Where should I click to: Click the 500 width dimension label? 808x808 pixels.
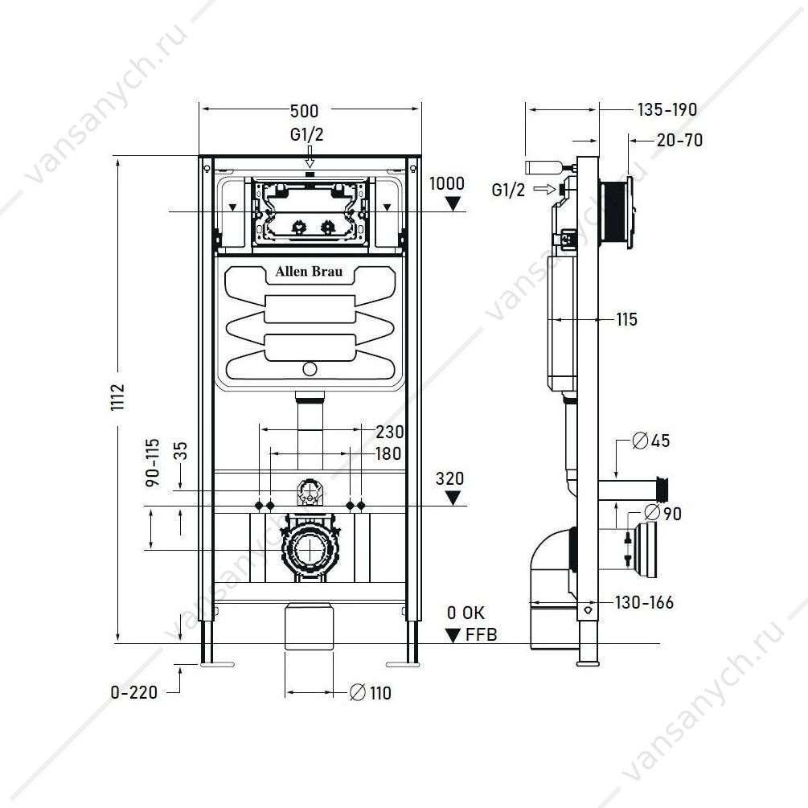click(305, 111)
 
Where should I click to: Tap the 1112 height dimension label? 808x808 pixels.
click(118, 397)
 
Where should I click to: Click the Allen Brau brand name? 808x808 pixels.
click(309, 272)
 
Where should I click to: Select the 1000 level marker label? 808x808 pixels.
click(447, 183)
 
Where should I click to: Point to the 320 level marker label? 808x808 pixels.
click(450, 478)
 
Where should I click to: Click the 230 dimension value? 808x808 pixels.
click(390, 432)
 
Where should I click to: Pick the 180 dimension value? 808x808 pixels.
click(388, 454)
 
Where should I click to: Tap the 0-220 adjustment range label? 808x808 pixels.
click(134, 692)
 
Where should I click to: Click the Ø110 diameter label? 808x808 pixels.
click(371, 693)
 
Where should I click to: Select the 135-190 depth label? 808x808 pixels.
click(667, 110)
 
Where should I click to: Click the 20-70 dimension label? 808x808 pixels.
click(679, 140)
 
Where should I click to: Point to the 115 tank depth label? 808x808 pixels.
click(626, 320)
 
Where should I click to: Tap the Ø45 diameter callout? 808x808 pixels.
click(651, 441)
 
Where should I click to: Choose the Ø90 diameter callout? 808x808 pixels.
click(664, 514)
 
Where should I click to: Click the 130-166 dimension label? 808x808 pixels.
click(644, 602)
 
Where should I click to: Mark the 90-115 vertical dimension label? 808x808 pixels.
click(153, 463)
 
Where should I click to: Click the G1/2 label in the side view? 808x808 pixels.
click(508, 191)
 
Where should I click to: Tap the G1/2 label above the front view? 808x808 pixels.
click(306, 134)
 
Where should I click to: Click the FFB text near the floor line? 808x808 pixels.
click(482, 635)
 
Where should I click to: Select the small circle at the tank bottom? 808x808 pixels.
click(310, 369)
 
